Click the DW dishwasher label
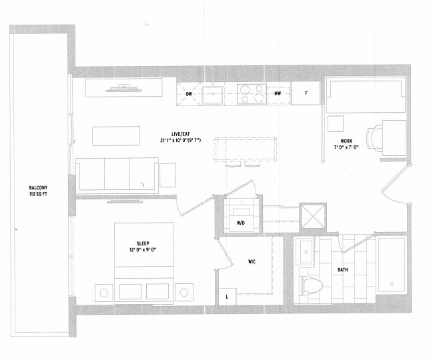click(x=189, y=94)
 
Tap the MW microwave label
click(x=277, y=94)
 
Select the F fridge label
click(x=306, y=94)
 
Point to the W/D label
click(x=239, y=223)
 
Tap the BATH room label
click(x=343, y=270)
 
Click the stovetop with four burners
click(x=252, y=94)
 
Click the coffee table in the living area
click(x=117, y=135)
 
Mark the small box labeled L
click(x=228, y=295)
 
